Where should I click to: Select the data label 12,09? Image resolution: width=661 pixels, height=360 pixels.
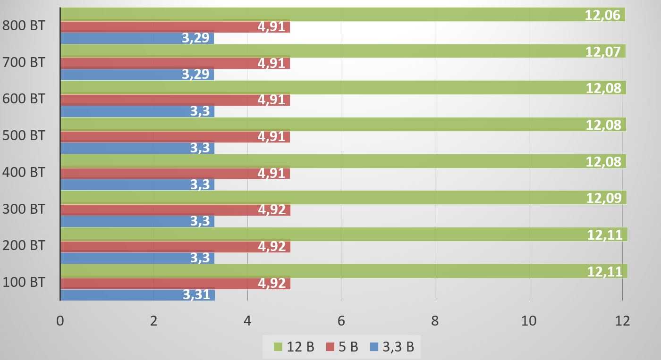click(x=603, y=198)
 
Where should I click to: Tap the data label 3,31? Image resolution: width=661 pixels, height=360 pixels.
click(x=196, y=295)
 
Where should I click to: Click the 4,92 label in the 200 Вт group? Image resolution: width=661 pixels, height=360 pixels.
click(x=271, y=246)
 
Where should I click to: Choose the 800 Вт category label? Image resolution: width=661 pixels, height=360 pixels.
click(x=24, y=25)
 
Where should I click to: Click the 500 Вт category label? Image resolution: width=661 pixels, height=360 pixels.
click(x=24, y=135)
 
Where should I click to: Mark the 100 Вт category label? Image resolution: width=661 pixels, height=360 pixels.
click(x=24, y=283)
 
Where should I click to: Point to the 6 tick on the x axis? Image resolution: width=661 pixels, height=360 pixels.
click(x=341, y=321)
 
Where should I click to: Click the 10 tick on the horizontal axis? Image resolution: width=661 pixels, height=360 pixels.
click(x=529, y=321)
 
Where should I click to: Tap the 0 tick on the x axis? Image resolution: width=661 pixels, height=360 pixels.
click(x=60, y=321)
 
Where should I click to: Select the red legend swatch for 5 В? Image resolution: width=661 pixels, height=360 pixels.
click(x=330, y=347)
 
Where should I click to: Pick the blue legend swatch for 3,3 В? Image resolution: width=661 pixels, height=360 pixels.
click(x=375, y=347)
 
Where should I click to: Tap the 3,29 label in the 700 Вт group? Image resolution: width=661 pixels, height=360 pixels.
click(x=195, y=74)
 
